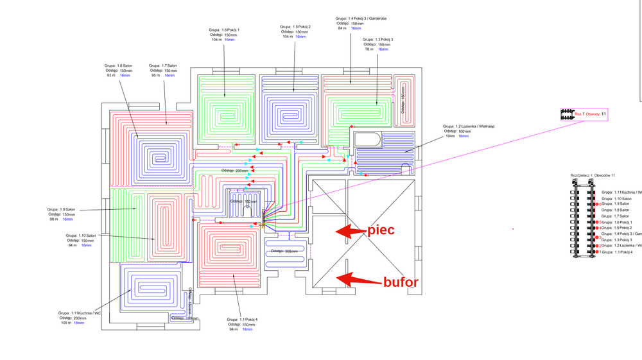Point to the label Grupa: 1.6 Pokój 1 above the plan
pyautogui.click(x=224, y=30)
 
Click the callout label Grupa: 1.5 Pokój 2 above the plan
pyautogui.click(x=296, y=26)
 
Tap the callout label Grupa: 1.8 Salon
pyautogui.click(x=118, y=65)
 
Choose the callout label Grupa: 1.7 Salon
pyautogui.click(x=162, y=65)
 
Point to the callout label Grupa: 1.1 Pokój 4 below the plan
pyautogui.click(x=242, y=319)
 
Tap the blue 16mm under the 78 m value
pyautogui.click(x=383, y=49)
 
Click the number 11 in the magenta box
pyautogui.click(x=603, y=114)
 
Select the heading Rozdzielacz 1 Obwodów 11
pyautogui.click(x=593, y=175)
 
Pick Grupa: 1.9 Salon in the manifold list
pyautogui.click(x=615, y=204)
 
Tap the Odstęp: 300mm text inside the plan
pyautogui.click(x=287, y=251)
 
